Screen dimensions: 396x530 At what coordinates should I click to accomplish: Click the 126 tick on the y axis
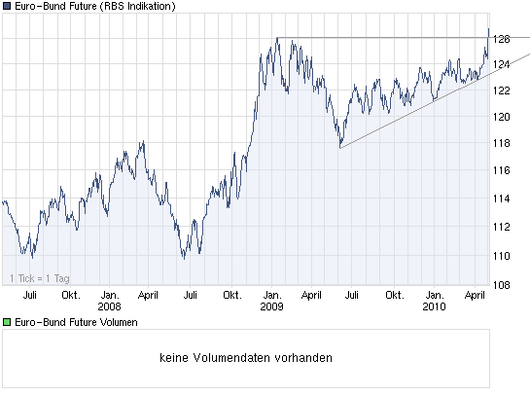pyautogui.click(x=502, y=38)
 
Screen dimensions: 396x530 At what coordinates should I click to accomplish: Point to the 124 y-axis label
pyautogui.click(x=502, y=64)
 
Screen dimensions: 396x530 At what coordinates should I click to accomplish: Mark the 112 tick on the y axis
pyautogui.click(x=502, y=227)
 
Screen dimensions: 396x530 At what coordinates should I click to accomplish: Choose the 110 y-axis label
pyautogui.click(x=502, y=255)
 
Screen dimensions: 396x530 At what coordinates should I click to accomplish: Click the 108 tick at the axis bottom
pyautogui.click(x=502, y=285)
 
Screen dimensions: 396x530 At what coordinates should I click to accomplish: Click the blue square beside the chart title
pyautogui.click(x=7, y=7)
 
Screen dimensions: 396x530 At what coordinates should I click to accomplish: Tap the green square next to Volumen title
pyautogui.click(x=7, y=322)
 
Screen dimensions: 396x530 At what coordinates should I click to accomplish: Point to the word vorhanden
pyautogui.click(x=305, y=357)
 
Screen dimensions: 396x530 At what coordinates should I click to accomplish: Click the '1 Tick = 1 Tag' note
pyautogui.click(x=38, y=279)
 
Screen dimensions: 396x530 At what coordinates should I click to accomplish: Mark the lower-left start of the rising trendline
pyautogui.click(x=339, y=148)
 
